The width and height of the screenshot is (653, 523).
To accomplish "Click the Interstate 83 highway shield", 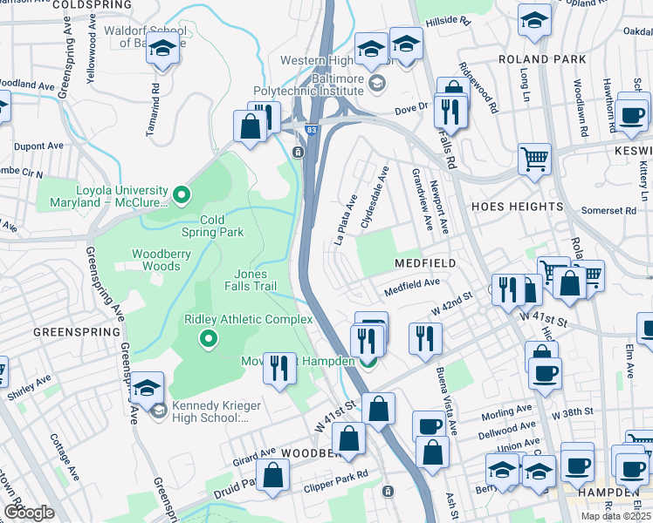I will coord(311,130).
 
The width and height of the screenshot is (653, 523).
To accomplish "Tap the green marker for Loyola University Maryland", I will coord(182,194).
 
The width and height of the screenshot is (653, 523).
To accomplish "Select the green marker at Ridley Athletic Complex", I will coord(209,339).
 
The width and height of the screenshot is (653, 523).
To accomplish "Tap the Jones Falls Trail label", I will coord(256,280).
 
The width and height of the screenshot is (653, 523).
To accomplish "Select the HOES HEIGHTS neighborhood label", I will coord(517,207).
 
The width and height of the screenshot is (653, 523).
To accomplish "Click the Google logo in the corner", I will coord(29,513).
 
